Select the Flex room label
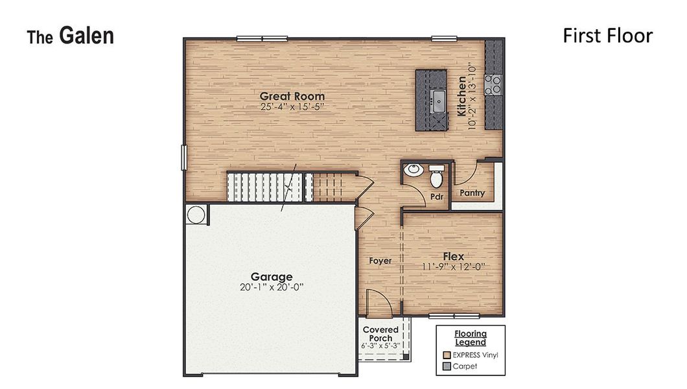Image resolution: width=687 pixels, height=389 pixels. [453, 256]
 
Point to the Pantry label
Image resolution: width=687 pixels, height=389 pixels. [472, 193]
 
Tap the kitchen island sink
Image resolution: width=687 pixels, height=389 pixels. [438, 99]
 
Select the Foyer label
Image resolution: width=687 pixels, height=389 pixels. [380, 261]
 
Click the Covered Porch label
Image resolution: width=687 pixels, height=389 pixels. [380, 334]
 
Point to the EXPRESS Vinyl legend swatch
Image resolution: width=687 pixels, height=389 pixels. [447, 355]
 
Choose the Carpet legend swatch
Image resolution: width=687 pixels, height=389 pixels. [447, 366]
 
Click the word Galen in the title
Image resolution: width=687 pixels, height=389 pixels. [86, 36]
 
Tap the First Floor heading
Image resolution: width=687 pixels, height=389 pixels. [607, 36]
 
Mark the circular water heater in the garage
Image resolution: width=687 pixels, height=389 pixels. [196, 214]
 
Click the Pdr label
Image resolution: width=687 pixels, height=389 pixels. [436, 197]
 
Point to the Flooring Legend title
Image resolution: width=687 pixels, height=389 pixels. [470, 338]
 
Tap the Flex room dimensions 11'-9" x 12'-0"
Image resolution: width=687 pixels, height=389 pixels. [454, 266]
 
